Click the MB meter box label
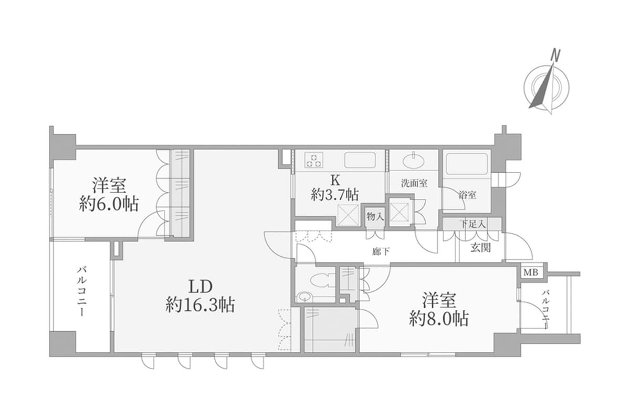[532, 272]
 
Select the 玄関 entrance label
[480, 247]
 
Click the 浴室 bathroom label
[467, 195]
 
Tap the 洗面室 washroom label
[414, 183]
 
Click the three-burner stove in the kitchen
[314, 160]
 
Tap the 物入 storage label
[375, 216]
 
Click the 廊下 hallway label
[381, 251]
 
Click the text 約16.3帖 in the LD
[200, 304]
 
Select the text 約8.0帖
[439, 319]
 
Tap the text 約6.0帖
[109, 204]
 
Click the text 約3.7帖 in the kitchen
[334, 195]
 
